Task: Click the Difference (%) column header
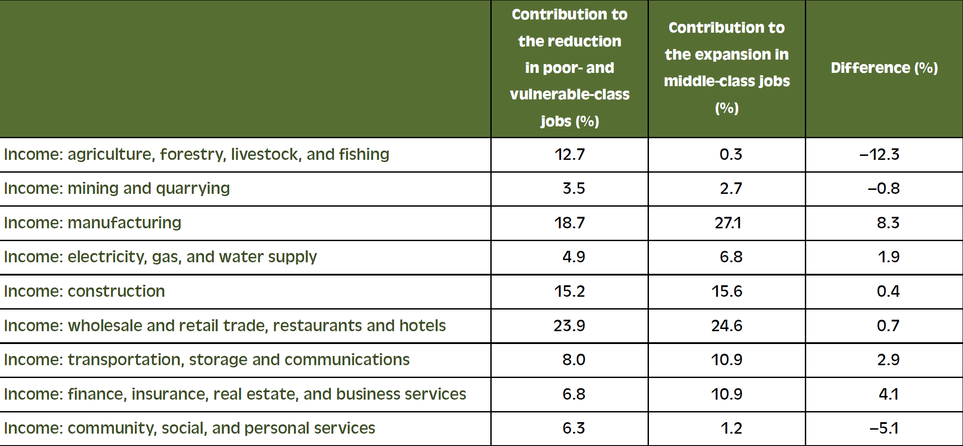point(884,68)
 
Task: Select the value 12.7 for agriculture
point(569,154)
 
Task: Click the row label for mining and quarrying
point(117,189)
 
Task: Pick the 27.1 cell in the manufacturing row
point(728,223)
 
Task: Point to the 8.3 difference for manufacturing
point(888,223)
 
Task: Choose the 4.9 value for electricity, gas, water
point(573,257)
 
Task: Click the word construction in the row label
point(116,291)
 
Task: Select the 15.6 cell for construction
point(727,291)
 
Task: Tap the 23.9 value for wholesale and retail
point(569,326)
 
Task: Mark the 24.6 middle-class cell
point(727,326)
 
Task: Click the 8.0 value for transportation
point(573,360)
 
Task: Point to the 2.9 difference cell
point(888,360)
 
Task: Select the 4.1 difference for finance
point(888,394)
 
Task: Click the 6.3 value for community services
point(573,428)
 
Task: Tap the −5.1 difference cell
point(884,428)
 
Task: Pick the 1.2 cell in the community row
point(731,428)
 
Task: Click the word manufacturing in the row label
point(124,223)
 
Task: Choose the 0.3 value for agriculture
point(731,154)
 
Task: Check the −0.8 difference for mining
point(883,189)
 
